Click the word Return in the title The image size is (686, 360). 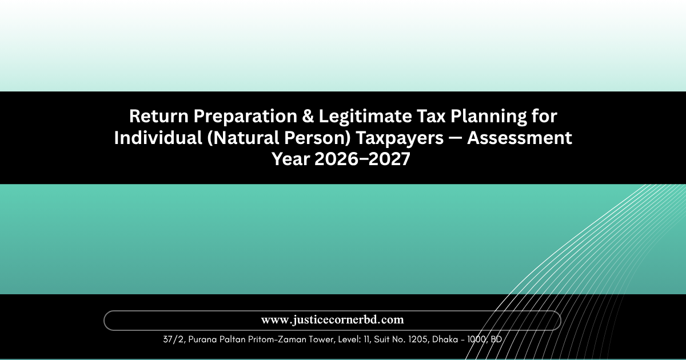(159, 117)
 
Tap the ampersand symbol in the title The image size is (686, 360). (308, 117)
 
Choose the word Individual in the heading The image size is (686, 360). (158, 138)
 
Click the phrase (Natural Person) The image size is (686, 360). (279, 138)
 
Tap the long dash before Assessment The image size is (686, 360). (456, 138)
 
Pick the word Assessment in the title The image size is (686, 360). (520, 138)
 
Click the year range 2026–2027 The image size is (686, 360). (362, 159)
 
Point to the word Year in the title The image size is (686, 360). (290, 159)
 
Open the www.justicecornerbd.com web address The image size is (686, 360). (332, 320)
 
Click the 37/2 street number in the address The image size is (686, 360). (174, 339)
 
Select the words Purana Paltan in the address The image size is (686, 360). (217, 339)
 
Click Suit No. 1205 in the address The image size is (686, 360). (401, 339)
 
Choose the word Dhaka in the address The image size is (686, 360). (445, 339)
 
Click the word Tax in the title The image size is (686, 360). (431, 117)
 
